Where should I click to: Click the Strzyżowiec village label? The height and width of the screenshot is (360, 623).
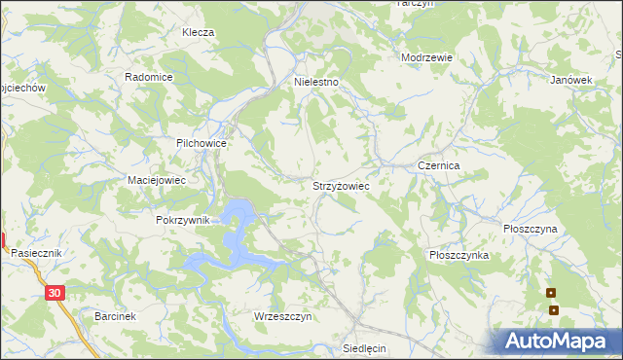pyautogui.click(x=340, y=184)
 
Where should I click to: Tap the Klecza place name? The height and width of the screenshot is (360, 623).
pyautogui.click(x=198, y=32)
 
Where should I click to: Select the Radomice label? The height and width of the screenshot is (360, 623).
pyautogui.click(x=149, y=77)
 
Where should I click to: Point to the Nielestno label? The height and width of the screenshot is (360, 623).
pyautogui.click(x=316, y=83)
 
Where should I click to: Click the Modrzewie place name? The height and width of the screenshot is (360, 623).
pyautogui.click(x=427, y=57)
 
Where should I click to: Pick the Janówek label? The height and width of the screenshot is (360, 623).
pyautogui.click(x=571, y=80)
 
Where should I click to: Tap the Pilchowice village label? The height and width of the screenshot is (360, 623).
pyautogui.click(x=202, y=143)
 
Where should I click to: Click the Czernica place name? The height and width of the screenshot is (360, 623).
pyautogui.click(x=438, y=166)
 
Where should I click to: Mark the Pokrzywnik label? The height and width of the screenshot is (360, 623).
pyautogui.click(x=183, y=220)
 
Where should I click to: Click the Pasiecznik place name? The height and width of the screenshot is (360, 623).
pyautogui.click(x=37, y=252)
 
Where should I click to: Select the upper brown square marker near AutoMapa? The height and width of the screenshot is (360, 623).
pyautogui.click(x=551, y=293)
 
